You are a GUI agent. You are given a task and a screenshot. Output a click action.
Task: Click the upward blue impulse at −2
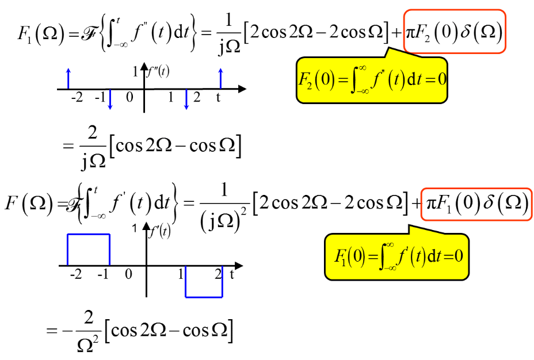click(x=68, y=79)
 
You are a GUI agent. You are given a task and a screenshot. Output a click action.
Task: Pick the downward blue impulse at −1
click(x=109, y=99)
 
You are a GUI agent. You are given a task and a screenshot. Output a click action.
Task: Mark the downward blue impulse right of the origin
click(x=186, y=99)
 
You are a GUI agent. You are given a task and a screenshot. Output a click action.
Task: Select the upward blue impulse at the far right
click(x=220, y=79)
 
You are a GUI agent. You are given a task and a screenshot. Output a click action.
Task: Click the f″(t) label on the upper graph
click(x=158, y=73)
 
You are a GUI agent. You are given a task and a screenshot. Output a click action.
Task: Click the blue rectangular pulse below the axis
click(x=204, y=282)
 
